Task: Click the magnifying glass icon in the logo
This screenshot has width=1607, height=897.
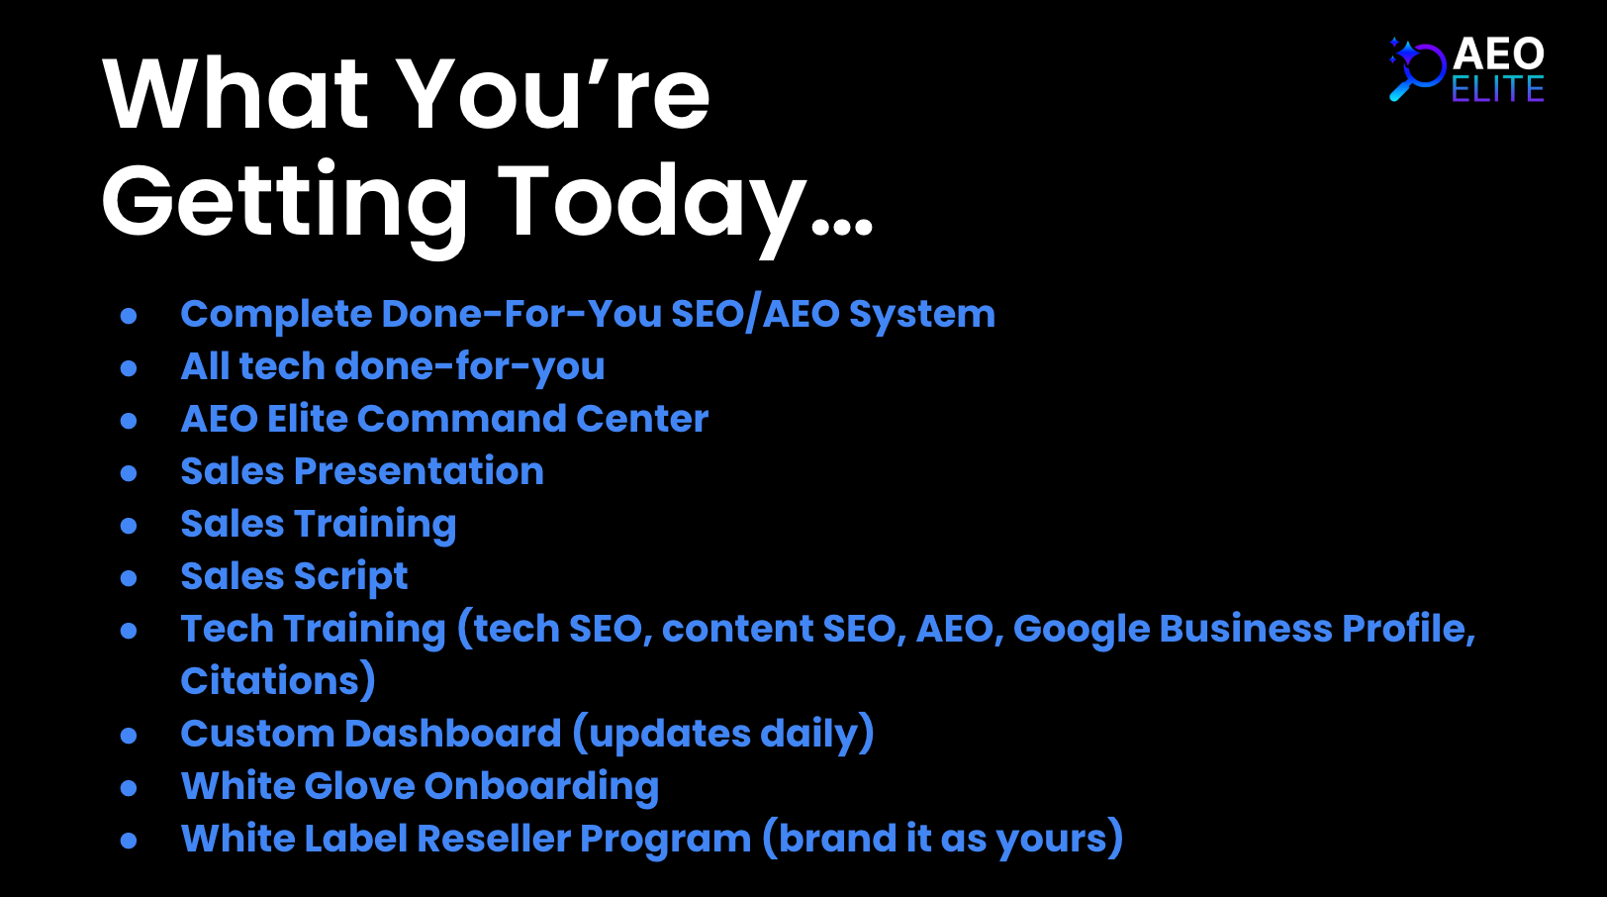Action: pos(1416,69)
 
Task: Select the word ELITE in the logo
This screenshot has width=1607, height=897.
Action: pos(1498,89)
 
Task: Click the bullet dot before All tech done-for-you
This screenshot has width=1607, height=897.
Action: pos(129,368)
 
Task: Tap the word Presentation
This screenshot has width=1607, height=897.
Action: pos(419,471)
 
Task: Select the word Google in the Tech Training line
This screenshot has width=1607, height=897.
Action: pos(1082,630)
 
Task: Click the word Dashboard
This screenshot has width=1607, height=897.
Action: pos(453,734)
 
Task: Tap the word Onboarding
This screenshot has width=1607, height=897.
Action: pos(541,787)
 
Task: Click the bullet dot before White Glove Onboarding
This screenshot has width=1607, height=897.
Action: pos(129,788)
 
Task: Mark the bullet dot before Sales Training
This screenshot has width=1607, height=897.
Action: pos(129,526)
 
